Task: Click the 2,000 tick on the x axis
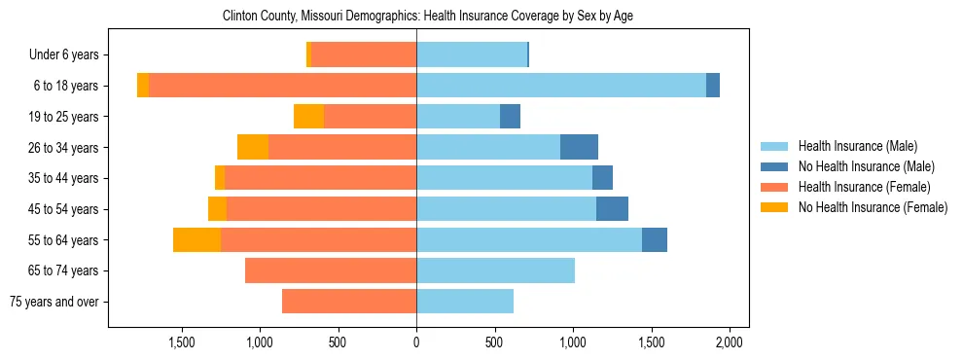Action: point(730,342)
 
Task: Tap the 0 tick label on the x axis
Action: point(416,342)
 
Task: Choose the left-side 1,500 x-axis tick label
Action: point(182,342)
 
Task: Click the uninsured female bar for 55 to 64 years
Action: point(196,240)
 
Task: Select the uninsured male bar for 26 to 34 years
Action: point(579,148)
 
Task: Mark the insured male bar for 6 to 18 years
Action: point(561,86)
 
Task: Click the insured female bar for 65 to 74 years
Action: point(331,270)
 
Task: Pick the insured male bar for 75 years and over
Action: point(465,302)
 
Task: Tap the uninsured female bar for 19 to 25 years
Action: point(308,117)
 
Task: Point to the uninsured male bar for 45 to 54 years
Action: point(612,209)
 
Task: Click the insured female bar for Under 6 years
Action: point(364,55)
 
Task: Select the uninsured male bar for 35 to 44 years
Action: point(602,178)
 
